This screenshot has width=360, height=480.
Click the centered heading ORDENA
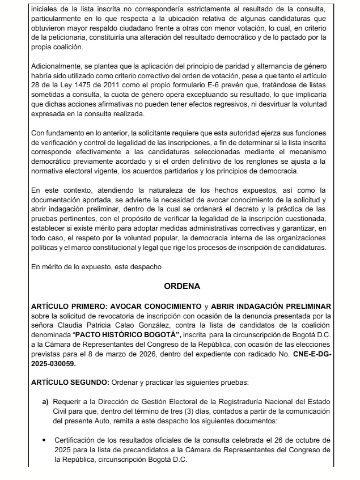(180, 287)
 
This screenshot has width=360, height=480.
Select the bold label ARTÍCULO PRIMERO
(63, 307)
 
